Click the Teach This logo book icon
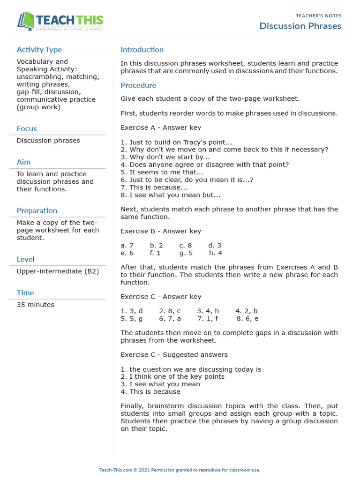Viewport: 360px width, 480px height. (25, 21)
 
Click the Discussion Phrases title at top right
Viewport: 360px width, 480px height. (300, 26)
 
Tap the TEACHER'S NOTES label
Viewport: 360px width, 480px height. (318, 16)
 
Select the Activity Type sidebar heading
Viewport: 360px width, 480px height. (39, 50)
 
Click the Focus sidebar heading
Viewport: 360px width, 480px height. (27, 128)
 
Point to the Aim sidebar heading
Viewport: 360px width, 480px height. (23, 162)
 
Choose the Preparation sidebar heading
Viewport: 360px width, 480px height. (37, 210)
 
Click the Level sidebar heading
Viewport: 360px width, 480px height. (25, 259)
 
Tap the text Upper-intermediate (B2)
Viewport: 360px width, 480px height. (58, 271)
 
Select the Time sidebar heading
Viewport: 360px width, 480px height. (25, 292)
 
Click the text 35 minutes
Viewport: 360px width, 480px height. (35, 305)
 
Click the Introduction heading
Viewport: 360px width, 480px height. (142, 50)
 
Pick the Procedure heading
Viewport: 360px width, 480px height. (138, 85)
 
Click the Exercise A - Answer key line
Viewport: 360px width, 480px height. (161, 127)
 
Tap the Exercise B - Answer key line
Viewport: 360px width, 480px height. (161, 231)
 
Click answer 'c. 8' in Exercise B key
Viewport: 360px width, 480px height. (186, 245)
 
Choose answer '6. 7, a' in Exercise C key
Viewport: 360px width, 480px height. (170, 318)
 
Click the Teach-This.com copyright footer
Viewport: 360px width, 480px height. (180, 470)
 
